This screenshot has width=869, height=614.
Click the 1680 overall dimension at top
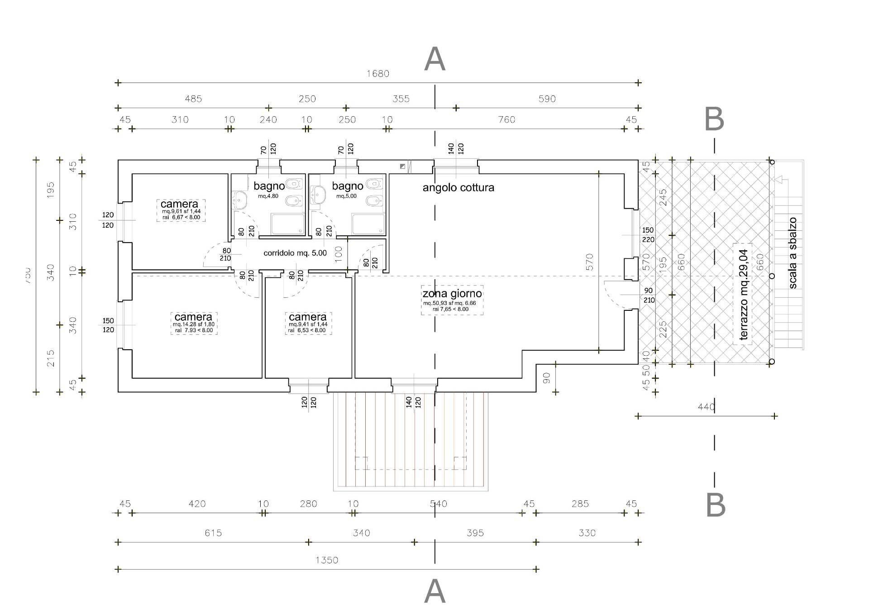coord(378,74)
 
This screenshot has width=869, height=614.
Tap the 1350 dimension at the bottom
coord(327,560)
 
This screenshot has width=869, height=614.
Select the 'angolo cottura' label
coord(458,188)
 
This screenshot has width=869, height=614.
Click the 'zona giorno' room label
coord(452,294)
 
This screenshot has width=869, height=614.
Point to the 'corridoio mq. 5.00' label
coord(295,253)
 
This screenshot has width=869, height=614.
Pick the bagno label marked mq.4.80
coord(269,186)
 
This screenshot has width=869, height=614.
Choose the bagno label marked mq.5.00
coord(347,186)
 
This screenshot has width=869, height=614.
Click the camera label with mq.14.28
coord(193,317)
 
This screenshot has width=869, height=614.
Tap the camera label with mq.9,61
coord(180,204)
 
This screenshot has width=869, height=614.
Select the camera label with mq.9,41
coord(308,317)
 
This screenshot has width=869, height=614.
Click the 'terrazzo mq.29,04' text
coord(743,295)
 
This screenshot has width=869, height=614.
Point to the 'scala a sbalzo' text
coord(793,253)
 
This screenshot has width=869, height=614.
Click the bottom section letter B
coord(716,505)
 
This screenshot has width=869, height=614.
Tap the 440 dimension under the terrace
coord(706,407)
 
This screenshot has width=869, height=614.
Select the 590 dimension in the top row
coord(547,99)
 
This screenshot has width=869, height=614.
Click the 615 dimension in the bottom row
coord(213,533)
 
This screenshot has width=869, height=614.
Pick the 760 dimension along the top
coord(506,119)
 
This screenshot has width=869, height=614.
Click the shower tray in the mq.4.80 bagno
coord(288,224)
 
